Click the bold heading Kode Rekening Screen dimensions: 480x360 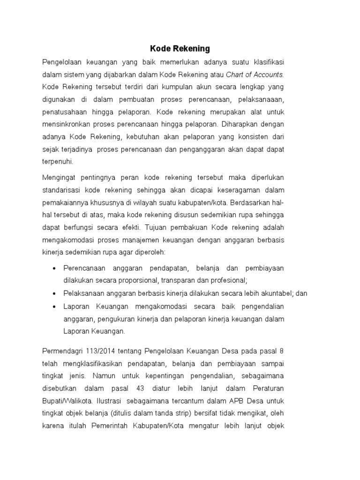click(180, 48)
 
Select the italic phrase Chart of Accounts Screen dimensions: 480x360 click(255, 75)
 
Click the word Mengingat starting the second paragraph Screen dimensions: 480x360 click(59, 177)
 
